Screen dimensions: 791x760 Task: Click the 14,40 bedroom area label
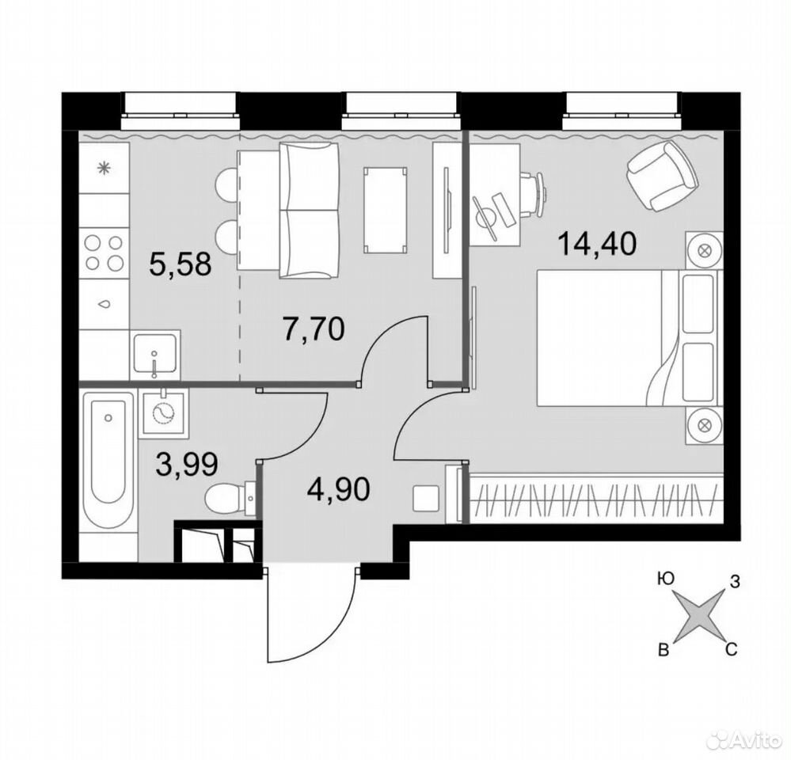(x=597, y=245)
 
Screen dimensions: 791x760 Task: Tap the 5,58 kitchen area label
(x=180, y=264)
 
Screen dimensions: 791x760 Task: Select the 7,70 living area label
(x=314, y=329)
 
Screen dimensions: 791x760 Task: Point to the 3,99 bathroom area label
(x=187, y=464)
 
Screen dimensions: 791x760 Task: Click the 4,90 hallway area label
(x=339, y=488)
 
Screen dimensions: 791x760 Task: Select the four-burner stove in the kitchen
(x=105, y=253)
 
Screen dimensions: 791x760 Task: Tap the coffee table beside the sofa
(x=386, y=210)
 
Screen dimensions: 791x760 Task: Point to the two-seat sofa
(x=309, y=210)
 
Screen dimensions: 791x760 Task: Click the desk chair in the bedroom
(x=531, y=194)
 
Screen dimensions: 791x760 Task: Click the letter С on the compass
(x=732, y=649)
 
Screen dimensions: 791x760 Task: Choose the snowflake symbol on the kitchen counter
(x=105, y=168)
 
